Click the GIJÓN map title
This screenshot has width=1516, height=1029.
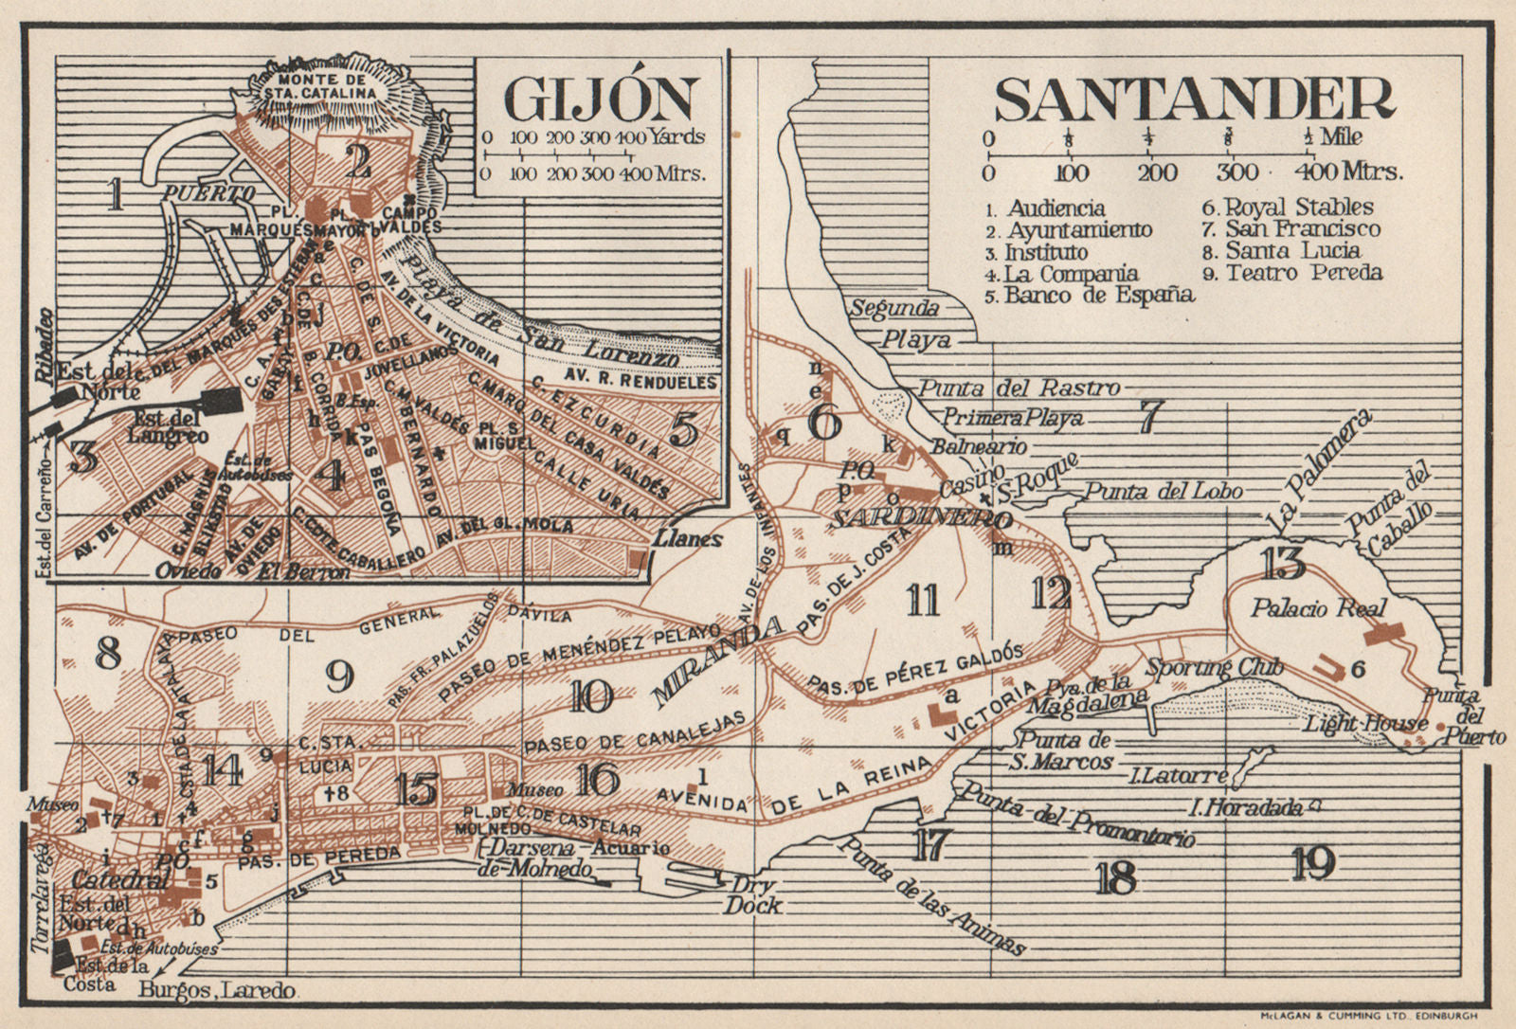[601, 99]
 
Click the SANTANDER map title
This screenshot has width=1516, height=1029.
[1195, 99]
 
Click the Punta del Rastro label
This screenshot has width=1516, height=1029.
[1019, 388]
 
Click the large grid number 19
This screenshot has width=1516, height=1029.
[1314, 862]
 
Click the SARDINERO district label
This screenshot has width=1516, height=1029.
[914, 518]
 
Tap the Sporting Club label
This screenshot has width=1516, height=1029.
[1215, 668]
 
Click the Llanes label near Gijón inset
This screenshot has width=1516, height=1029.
[688, 540]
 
